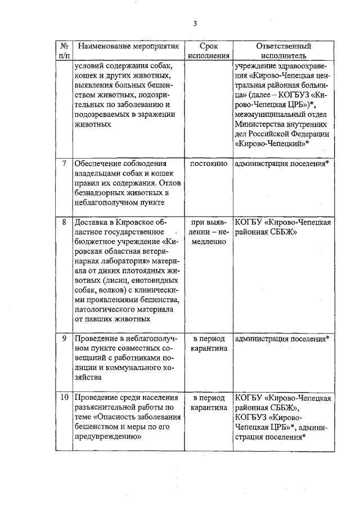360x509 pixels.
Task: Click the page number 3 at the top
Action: [x=195, y=23]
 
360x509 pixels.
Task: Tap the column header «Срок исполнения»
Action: [x=209, y=51]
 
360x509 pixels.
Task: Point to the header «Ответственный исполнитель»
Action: [x=283, y=51]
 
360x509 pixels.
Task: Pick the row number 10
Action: [x=65, y=398]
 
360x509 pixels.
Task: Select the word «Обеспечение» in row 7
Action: [x=100, y=163]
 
